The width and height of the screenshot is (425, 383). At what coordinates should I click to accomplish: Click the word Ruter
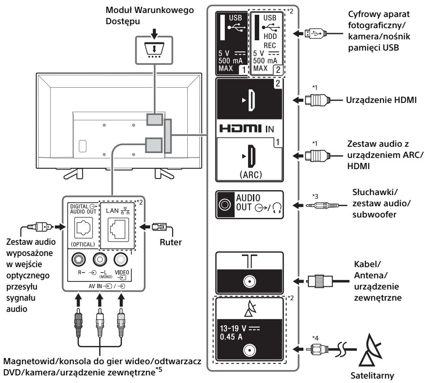(x=170, y=242)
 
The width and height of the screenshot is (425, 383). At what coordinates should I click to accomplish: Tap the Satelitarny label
(x=372, y=376)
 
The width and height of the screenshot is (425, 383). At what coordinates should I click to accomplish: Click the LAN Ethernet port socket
(x=118, y=230)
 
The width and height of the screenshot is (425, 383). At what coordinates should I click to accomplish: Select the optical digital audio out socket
(x=84, y=227)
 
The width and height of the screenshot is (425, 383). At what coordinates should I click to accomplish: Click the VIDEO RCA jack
(x=121, y=260)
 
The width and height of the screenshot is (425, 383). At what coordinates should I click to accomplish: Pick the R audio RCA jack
(x=79, y=260)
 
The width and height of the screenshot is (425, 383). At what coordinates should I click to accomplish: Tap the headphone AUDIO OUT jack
(x=225, y=204)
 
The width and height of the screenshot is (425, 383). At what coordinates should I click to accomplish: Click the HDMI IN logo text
(x=247, y=128)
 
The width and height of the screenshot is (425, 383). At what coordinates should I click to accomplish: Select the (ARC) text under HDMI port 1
(x=251, y=174)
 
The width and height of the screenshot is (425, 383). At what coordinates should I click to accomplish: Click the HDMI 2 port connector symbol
(x=251, y=100)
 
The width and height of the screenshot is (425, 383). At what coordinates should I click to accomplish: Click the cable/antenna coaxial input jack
(x=249, y=282)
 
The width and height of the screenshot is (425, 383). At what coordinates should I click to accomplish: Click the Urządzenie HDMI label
(x=381, y=100)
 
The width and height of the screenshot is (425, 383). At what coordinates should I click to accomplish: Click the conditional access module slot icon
(x=154, y=50)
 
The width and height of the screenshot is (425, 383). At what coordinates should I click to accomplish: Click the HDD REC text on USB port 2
(x=270, y=41)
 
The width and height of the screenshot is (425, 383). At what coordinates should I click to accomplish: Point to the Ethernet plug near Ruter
(x=160, y=227)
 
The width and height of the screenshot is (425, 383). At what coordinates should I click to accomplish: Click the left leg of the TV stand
(x=73, y=174)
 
